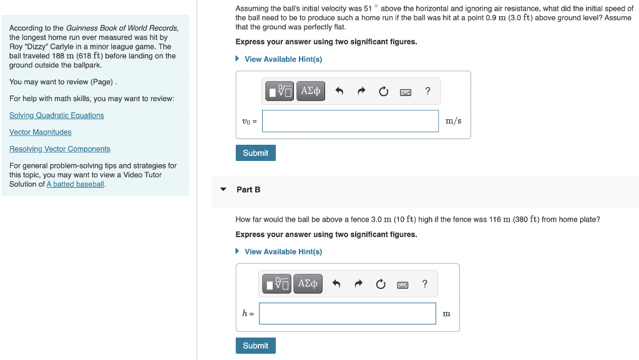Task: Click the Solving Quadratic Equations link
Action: click(x=57, y=115)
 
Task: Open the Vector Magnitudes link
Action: click(x=41, y=132)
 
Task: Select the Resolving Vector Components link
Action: click(x=60, y=149)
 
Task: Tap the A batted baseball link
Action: click(x=76, y=184)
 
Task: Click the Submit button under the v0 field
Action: click(x=255, y=153)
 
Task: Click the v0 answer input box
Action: click(x=350, y=121)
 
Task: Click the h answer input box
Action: click(x=347, y=314)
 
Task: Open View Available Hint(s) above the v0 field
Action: click(x=283, y=59)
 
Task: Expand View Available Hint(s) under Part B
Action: click(x=283, y=252)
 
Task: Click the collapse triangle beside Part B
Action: click(x=223, y=189)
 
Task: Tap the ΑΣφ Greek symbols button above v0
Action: click(x=311, y=91)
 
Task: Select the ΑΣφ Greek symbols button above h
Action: click(x=308, y=284)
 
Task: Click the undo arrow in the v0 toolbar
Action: click(x=339, y=91)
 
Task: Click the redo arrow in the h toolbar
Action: click(x=358, y=284)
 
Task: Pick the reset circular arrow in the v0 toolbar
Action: click(x=383, y=91)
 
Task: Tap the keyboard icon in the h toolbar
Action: click(x=402, y=285)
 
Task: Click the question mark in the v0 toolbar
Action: click(x=427, y=91)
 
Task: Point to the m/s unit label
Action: click(x=454, y=121)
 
